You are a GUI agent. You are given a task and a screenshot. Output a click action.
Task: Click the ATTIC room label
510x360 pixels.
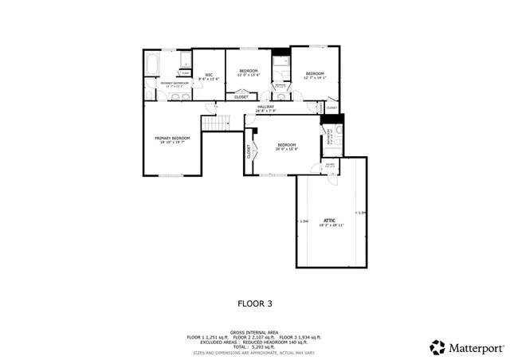coord(329,219)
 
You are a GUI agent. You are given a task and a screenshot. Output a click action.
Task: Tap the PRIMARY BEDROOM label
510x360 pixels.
coord(172,138)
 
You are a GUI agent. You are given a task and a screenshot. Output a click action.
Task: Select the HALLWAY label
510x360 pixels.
coord(265,106)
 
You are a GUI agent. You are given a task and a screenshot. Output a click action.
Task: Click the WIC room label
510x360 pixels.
coord(207,74)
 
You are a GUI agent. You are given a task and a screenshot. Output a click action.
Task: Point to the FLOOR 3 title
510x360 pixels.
coord(255,303)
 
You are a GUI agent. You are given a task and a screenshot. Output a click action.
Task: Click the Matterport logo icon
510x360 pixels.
coord(437,347)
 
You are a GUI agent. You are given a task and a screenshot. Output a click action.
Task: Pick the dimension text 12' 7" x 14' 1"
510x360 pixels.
coord(315,77)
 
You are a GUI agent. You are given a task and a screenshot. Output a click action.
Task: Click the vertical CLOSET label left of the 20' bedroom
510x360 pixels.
coord(249,151)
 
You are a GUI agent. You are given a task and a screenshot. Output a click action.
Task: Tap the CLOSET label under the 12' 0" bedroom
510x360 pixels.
coord(241,97)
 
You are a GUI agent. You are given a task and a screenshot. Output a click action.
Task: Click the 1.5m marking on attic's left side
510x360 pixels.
coord(303,221)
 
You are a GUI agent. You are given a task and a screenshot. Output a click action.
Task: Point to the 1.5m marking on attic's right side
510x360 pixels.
coord(361,213)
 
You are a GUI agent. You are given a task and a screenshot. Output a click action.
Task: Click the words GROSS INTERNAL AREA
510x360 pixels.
coord(255,332)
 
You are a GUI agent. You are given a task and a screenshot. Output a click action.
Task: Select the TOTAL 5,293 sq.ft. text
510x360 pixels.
coord(255,346)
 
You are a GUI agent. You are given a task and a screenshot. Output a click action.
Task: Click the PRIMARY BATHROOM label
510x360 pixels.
coord(175,83)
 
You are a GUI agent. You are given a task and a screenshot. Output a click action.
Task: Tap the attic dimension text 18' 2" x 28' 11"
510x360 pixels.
coord(329,225)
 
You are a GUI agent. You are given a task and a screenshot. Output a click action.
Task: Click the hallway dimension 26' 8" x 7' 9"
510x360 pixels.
coord(265,111)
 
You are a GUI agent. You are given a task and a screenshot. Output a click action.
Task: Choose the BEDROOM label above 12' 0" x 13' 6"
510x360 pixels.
coord(249,71)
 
